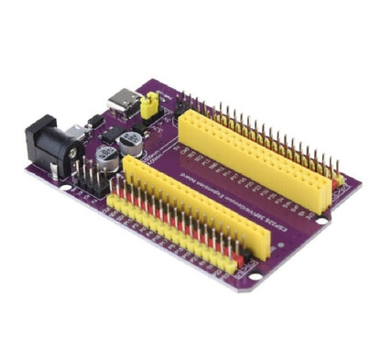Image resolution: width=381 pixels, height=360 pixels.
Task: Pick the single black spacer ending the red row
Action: tap(240, 260)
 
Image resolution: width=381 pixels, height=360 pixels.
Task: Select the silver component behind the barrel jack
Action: tap(79, 129)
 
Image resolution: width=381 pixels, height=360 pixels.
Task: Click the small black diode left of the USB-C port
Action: tap(94, 119)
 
